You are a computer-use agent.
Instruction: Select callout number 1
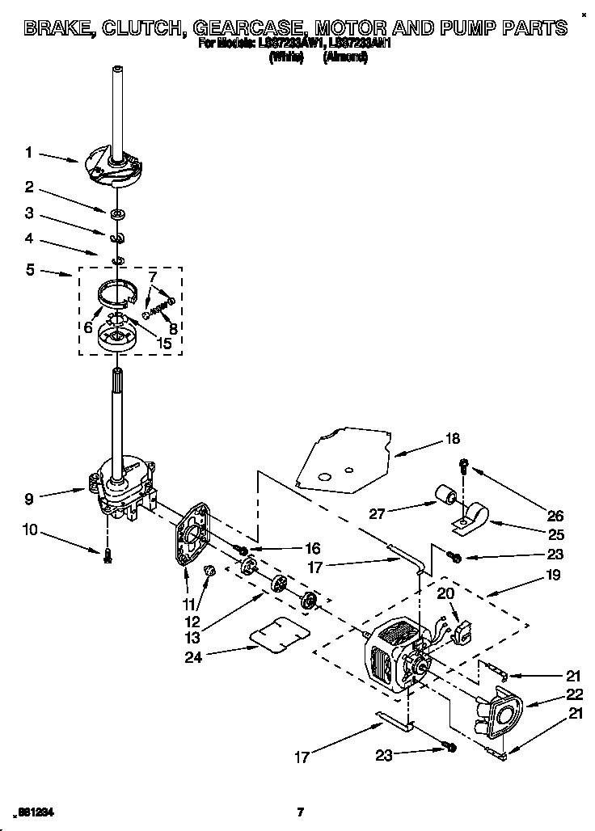click(x=28, y=151)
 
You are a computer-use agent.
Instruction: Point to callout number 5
click(x=29, y=270)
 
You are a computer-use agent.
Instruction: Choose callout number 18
click(x=453, y=439)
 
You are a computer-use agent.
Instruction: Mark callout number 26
click(x=555, y=515)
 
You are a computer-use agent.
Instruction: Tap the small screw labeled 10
click(x=107, y=556)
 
